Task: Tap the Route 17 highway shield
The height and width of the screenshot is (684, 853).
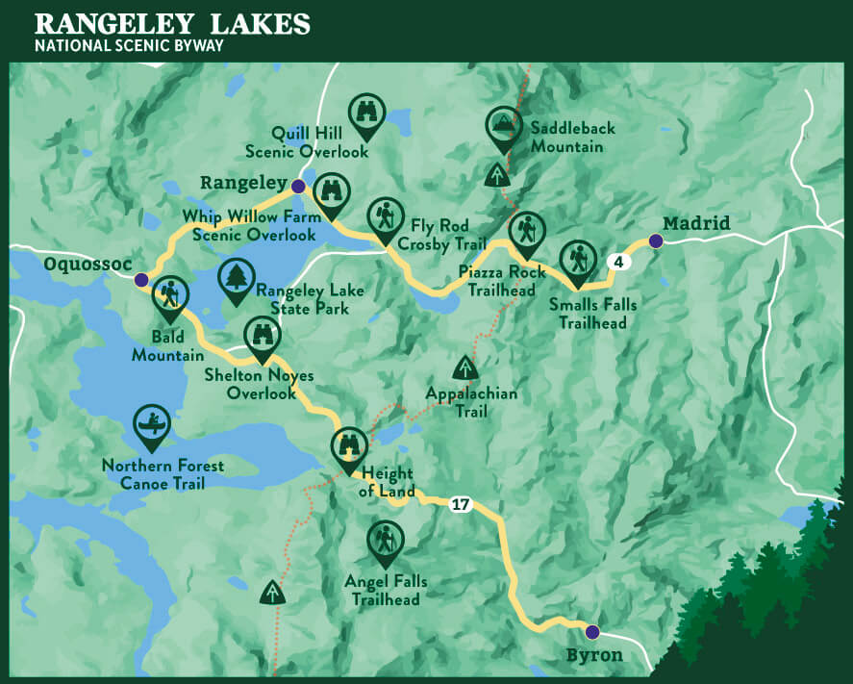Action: click(461, 504)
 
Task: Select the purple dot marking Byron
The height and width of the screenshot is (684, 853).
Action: click(591, 632)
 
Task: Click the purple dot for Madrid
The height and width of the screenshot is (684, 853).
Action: click(655, 241)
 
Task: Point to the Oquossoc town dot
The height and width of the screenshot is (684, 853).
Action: click(141, 280)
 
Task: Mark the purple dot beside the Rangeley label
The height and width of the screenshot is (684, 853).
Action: click(298, 186)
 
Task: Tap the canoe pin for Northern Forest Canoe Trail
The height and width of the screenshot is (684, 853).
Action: click(153, 424)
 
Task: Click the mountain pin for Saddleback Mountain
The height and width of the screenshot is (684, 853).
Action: click(501, 124)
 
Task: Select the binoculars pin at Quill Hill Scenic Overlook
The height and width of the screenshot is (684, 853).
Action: click(366, 113)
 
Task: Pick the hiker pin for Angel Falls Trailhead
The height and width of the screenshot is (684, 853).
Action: click(386, 541)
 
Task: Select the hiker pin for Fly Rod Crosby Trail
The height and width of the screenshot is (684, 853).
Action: click(386, 216)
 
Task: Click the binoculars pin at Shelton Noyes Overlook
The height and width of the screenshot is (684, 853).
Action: click(262, 336)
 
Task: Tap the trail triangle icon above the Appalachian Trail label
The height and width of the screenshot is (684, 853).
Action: click(465, 368)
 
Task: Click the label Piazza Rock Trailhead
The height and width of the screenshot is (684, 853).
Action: click(499, 280)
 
